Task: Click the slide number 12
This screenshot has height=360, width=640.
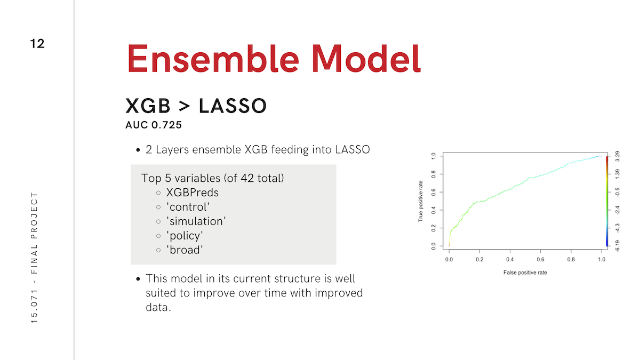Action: click(x=37, y=44)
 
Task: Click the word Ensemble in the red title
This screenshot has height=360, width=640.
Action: click(x=213, y=59)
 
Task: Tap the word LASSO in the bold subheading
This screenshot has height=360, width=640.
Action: click(x=233, y=106)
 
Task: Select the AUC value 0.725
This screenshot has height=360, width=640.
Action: click(x=166, y=125)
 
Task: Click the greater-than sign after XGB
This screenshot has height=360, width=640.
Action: click(x=185, y=106)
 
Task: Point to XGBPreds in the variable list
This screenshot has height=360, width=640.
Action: click(x=193, y=193)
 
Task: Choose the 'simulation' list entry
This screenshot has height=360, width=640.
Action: click(x=196, y=221)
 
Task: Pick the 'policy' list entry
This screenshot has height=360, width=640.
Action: click(x=185, y=236)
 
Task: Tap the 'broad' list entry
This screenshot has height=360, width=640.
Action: click(x=185, y=250)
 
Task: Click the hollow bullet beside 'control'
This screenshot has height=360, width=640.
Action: click(x=158, y=207)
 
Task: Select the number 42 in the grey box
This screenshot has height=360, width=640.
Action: click(x=247, y=178)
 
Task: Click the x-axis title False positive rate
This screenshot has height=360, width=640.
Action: click(x=525, y=273)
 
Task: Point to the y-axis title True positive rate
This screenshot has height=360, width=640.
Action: click(x=420, y=201)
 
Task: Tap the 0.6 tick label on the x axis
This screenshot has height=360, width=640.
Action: click(x=540, y=259)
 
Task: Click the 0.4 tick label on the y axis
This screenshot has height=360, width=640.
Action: click(x=434, y=210)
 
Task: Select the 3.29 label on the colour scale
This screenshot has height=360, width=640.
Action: click(x=618, y=156)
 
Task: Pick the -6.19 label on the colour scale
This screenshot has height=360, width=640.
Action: click(x=618, y=246)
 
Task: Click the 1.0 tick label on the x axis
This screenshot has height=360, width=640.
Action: click(x=602, y=259)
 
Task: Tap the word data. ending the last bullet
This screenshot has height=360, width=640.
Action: click(x=158, y=307)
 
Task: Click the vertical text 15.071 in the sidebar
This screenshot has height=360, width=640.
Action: click(x=34, y=306)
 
